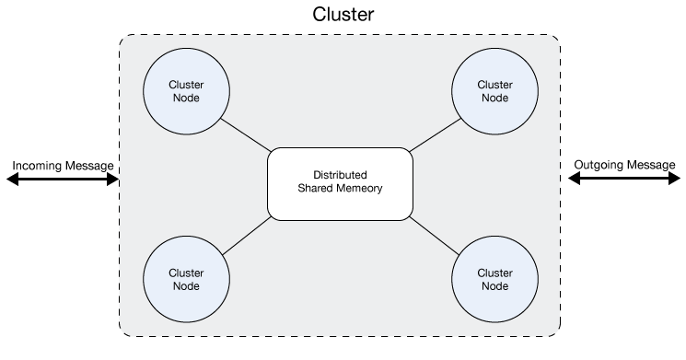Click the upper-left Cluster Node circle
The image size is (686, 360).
pyautogui.click(x=186, y=90)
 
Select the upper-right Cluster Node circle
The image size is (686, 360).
pyautogui.click(x=494, y=90)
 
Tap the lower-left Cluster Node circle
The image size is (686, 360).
pyautogui.click(x=186, y=278)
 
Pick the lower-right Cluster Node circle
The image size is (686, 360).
pyautogui.click(x=494, y=278)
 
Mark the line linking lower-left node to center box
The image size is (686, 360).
pyautogui.click(x=247, y=237)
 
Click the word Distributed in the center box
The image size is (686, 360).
pyautogui.click(x=340, y=175)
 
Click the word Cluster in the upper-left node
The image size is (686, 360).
pyautogui.click(x=186, y=84)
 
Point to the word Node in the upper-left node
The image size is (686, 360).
pyautogui.click(x=186, y=98)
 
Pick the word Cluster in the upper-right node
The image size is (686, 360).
pyautogui.click(x=494, y=84)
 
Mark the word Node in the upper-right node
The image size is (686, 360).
pyautogui.click(x=494, y=98)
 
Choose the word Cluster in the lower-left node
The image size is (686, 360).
pyautogui.click(x=186, y=272)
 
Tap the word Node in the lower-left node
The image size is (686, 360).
pyautogui.click(x=186, y=285)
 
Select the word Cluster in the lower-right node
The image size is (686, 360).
pyautogui.click(x=494, y=272)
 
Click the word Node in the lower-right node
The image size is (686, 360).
pyautogui.click(x=494, y=285)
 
